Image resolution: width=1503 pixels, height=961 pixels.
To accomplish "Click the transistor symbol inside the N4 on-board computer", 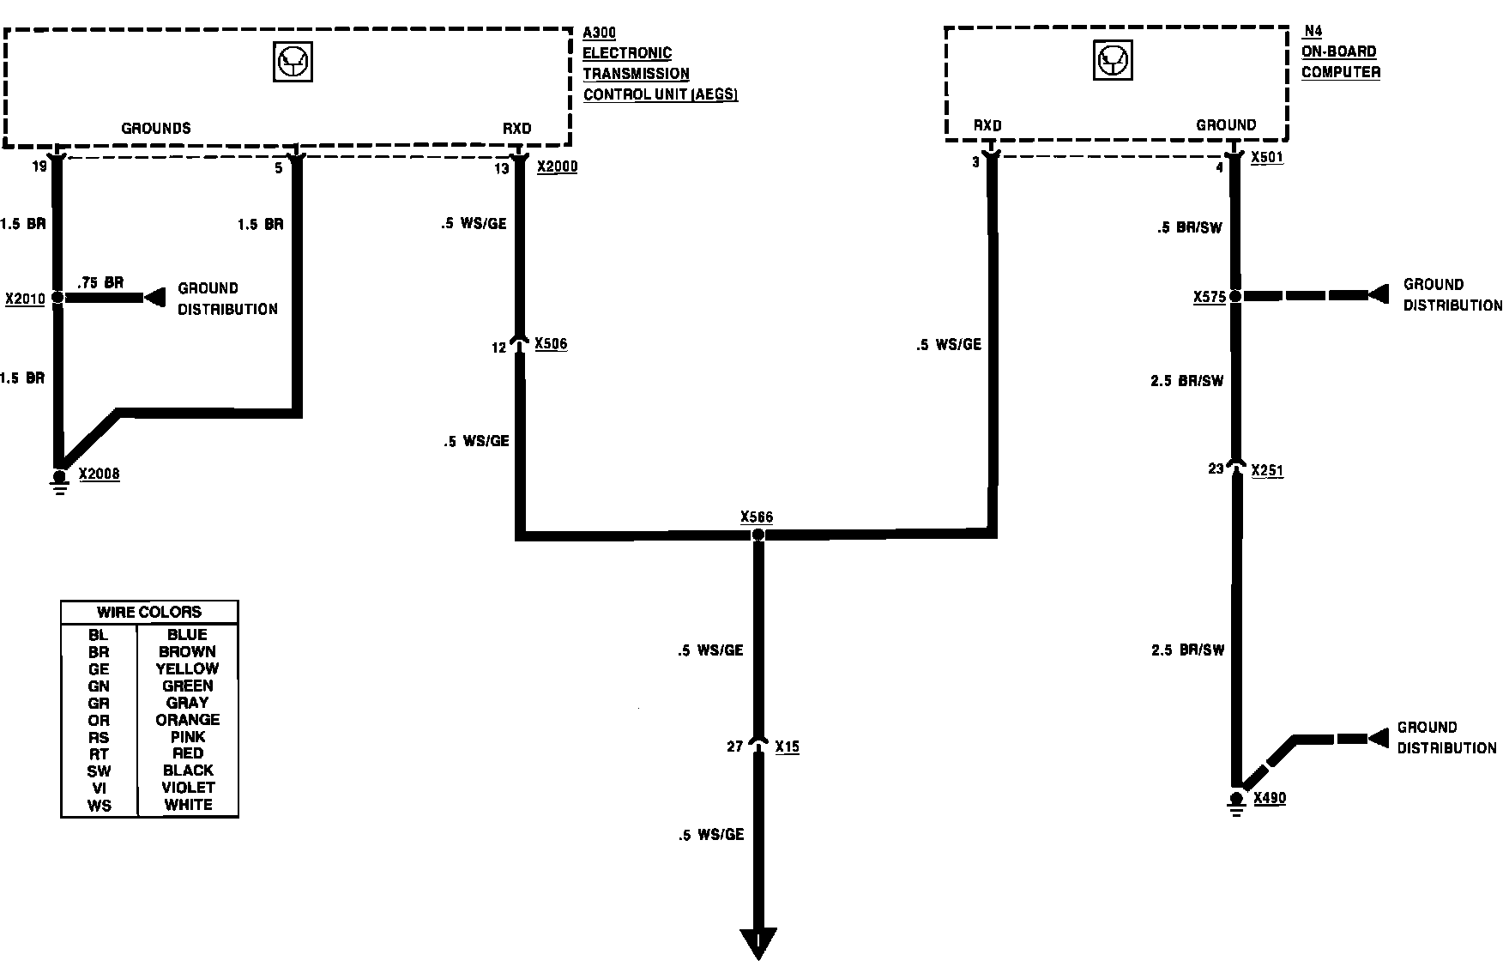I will [1114, 61].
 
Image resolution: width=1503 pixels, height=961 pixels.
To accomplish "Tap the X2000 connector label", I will [557, 166].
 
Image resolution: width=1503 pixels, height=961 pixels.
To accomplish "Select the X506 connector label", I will [551, 344].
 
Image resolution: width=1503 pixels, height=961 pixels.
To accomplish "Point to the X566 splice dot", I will [758, 535].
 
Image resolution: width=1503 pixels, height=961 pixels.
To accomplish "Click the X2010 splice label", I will [25, 299].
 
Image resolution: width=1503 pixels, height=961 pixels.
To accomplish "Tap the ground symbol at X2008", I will [59, 483].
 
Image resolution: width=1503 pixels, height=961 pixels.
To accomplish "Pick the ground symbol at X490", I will [1236, 804].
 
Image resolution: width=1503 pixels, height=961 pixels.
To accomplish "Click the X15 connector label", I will [787, 746].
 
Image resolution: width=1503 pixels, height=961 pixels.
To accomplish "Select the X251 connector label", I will [1267, 470].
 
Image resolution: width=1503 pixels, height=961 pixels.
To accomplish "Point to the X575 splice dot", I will [1235, 296].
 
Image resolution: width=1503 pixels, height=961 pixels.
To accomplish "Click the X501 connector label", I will [1267, 158].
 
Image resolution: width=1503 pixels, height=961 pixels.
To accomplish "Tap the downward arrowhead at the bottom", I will [758, 942].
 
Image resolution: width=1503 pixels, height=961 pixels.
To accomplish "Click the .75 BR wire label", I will [100, 282].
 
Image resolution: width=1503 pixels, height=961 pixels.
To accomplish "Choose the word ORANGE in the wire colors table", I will [188, 720].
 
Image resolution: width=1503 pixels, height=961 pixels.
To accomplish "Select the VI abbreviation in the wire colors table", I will [99, 788].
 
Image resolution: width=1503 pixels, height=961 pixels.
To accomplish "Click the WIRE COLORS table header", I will [149, 612].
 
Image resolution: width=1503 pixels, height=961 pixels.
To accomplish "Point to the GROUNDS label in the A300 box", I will [156, 129].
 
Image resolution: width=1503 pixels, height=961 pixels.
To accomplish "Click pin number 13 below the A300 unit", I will [501, 169].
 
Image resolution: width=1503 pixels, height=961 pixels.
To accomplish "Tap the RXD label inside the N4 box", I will [987, 125].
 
